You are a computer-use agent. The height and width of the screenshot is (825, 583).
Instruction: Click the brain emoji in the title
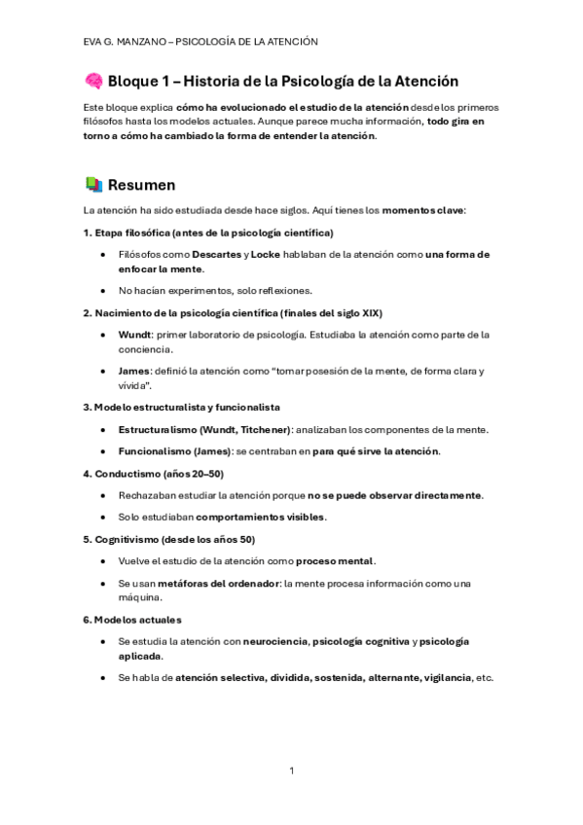[x=93, y=82]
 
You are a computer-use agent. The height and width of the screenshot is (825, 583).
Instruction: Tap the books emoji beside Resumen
[x=93, y=184]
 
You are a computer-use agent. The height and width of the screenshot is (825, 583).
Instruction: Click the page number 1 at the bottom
[x=291, y=771]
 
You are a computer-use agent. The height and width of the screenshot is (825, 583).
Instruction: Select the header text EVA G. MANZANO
[x=124, y=41]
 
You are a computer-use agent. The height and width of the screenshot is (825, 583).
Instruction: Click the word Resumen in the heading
[x=142, y=185]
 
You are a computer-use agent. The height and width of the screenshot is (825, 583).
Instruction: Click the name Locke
[x=264, y=254]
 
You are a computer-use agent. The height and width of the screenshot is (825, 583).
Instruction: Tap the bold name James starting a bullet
[x=134, y=372]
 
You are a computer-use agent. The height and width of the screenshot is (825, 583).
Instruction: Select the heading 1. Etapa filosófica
[x=209, y=232]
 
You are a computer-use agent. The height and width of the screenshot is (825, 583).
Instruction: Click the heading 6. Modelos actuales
[x=132, y=619]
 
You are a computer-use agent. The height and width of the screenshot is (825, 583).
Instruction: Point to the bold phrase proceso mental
[x=335, y=561]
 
